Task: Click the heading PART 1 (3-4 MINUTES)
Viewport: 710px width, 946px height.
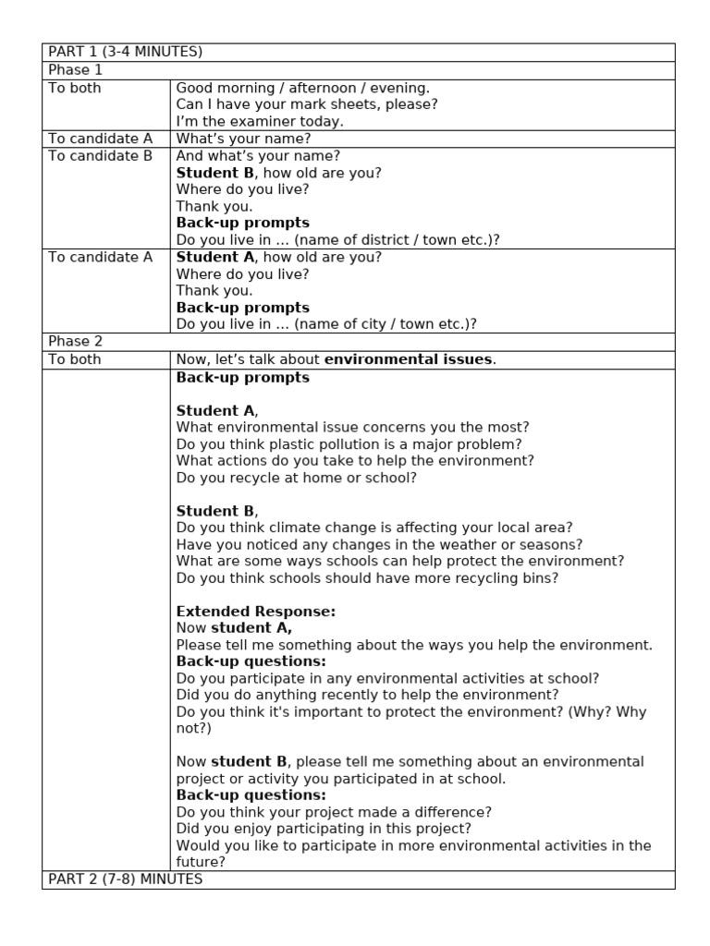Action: pos(125,52)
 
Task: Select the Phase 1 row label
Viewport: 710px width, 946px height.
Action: pos(76,70)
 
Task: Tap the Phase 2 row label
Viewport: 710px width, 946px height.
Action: pos(76,342)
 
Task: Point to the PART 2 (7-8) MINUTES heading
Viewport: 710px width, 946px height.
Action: pos(125,879)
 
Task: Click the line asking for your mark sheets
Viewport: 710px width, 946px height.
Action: pos(307,104)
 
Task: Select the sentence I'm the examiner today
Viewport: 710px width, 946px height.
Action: pos(260,122)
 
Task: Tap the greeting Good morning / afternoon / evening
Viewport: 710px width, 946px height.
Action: pos(303,88)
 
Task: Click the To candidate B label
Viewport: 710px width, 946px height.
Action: pos(100,156)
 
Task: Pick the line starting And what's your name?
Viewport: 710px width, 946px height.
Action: pos(258,156)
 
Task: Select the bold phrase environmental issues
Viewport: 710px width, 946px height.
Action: pos(409,359)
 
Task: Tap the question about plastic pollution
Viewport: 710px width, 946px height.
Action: pos(349,443)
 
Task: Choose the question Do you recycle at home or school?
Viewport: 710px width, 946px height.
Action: pos(296,478)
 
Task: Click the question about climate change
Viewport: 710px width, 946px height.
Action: pos(374,528)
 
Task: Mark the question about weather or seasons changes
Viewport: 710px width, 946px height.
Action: pos(379,545)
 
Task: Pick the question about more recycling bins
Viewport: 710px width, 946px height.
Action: pos(367,578)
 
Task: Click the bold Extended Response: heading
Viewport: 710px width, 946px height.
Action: pos(256,612)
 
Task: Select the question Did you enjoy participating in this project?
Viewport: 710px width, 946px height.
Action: pos(324,829)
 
